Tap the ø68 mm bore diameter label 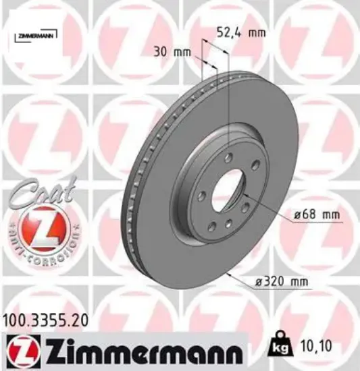(316, 215)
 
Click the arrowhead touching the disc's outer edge (232, 274)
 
